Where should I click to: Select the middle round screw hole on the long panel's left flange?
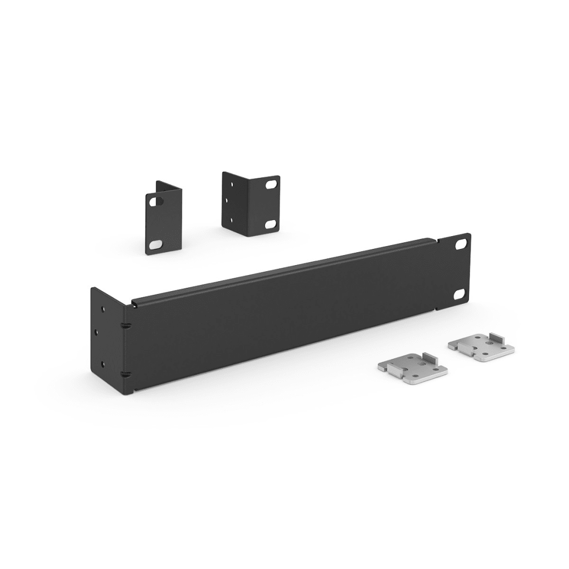(x=97, y=332)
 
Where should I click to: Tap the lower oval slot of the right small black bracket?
(x=271, y=223)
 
